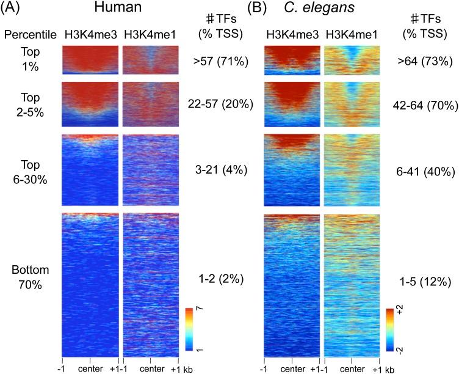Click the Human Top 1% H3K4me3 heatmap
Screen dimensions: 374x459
pyautogui.click(x=90, y=60)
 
